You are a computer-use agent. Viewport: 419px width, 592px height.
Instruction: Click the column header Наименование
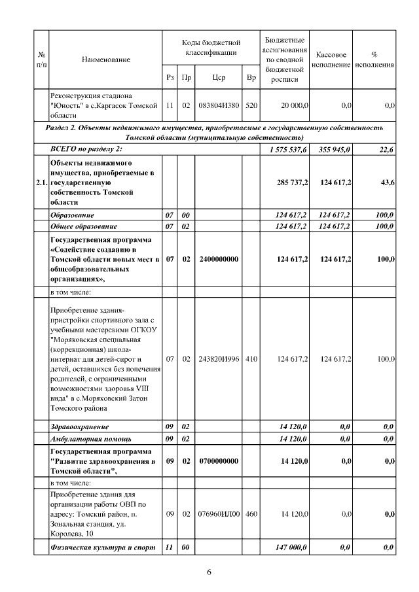click(106, 60)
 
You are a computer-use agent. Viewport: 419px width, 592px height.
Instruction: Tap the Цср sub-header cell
click(219, 77)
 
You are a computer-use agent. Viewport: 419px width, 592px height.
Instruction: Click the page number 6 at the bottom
click(209, 573)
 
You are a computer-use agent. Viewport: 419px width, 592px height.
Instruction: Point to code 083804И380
click(219, 105)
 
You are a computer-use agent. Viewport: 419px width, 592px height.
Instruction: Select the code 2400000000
click(219, 260)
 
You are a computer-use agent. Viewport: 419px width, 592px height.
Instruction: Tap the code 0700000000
click(219, 461)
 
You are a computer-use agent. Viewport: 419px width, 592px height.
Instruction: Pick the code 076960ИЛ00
click(219, 514)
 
